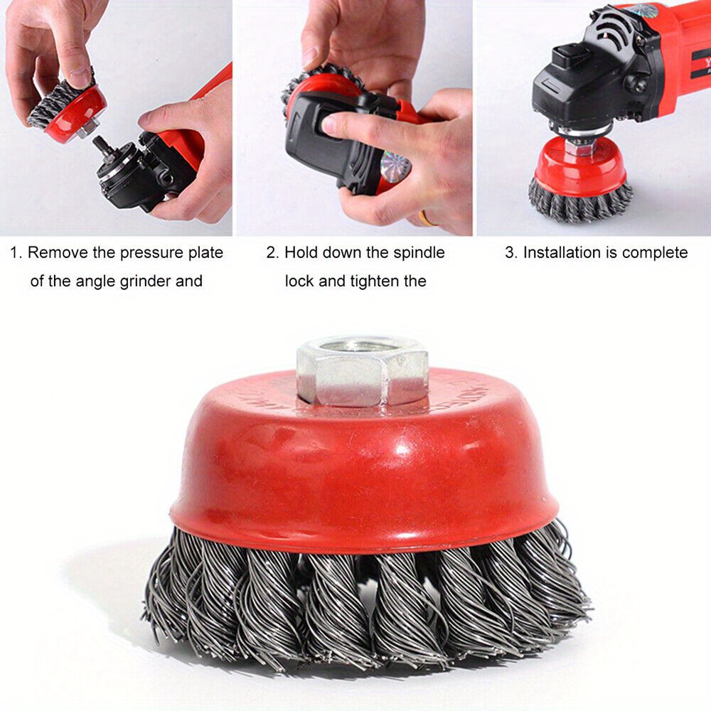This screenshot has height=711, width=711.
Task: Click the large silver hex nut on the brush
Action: pyautogui.click(x=363, y=371)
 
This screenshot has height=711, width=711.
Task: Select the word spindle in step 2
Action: pyautogui.click(x=419, y=253)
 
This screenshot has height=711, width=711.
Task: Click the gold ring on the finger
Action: pyautogui.click(x=426, y=219)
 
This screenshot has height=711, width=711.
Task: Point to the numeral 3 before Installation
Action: pyautogui.click(x=510, y=252)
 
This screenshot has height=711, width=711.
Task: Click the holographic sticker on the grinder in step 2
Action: pyautogui.click(x=394, y=164)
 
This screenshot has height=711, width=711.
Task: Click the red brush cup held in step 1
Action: pyautogui.click(x=76, y=113)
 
